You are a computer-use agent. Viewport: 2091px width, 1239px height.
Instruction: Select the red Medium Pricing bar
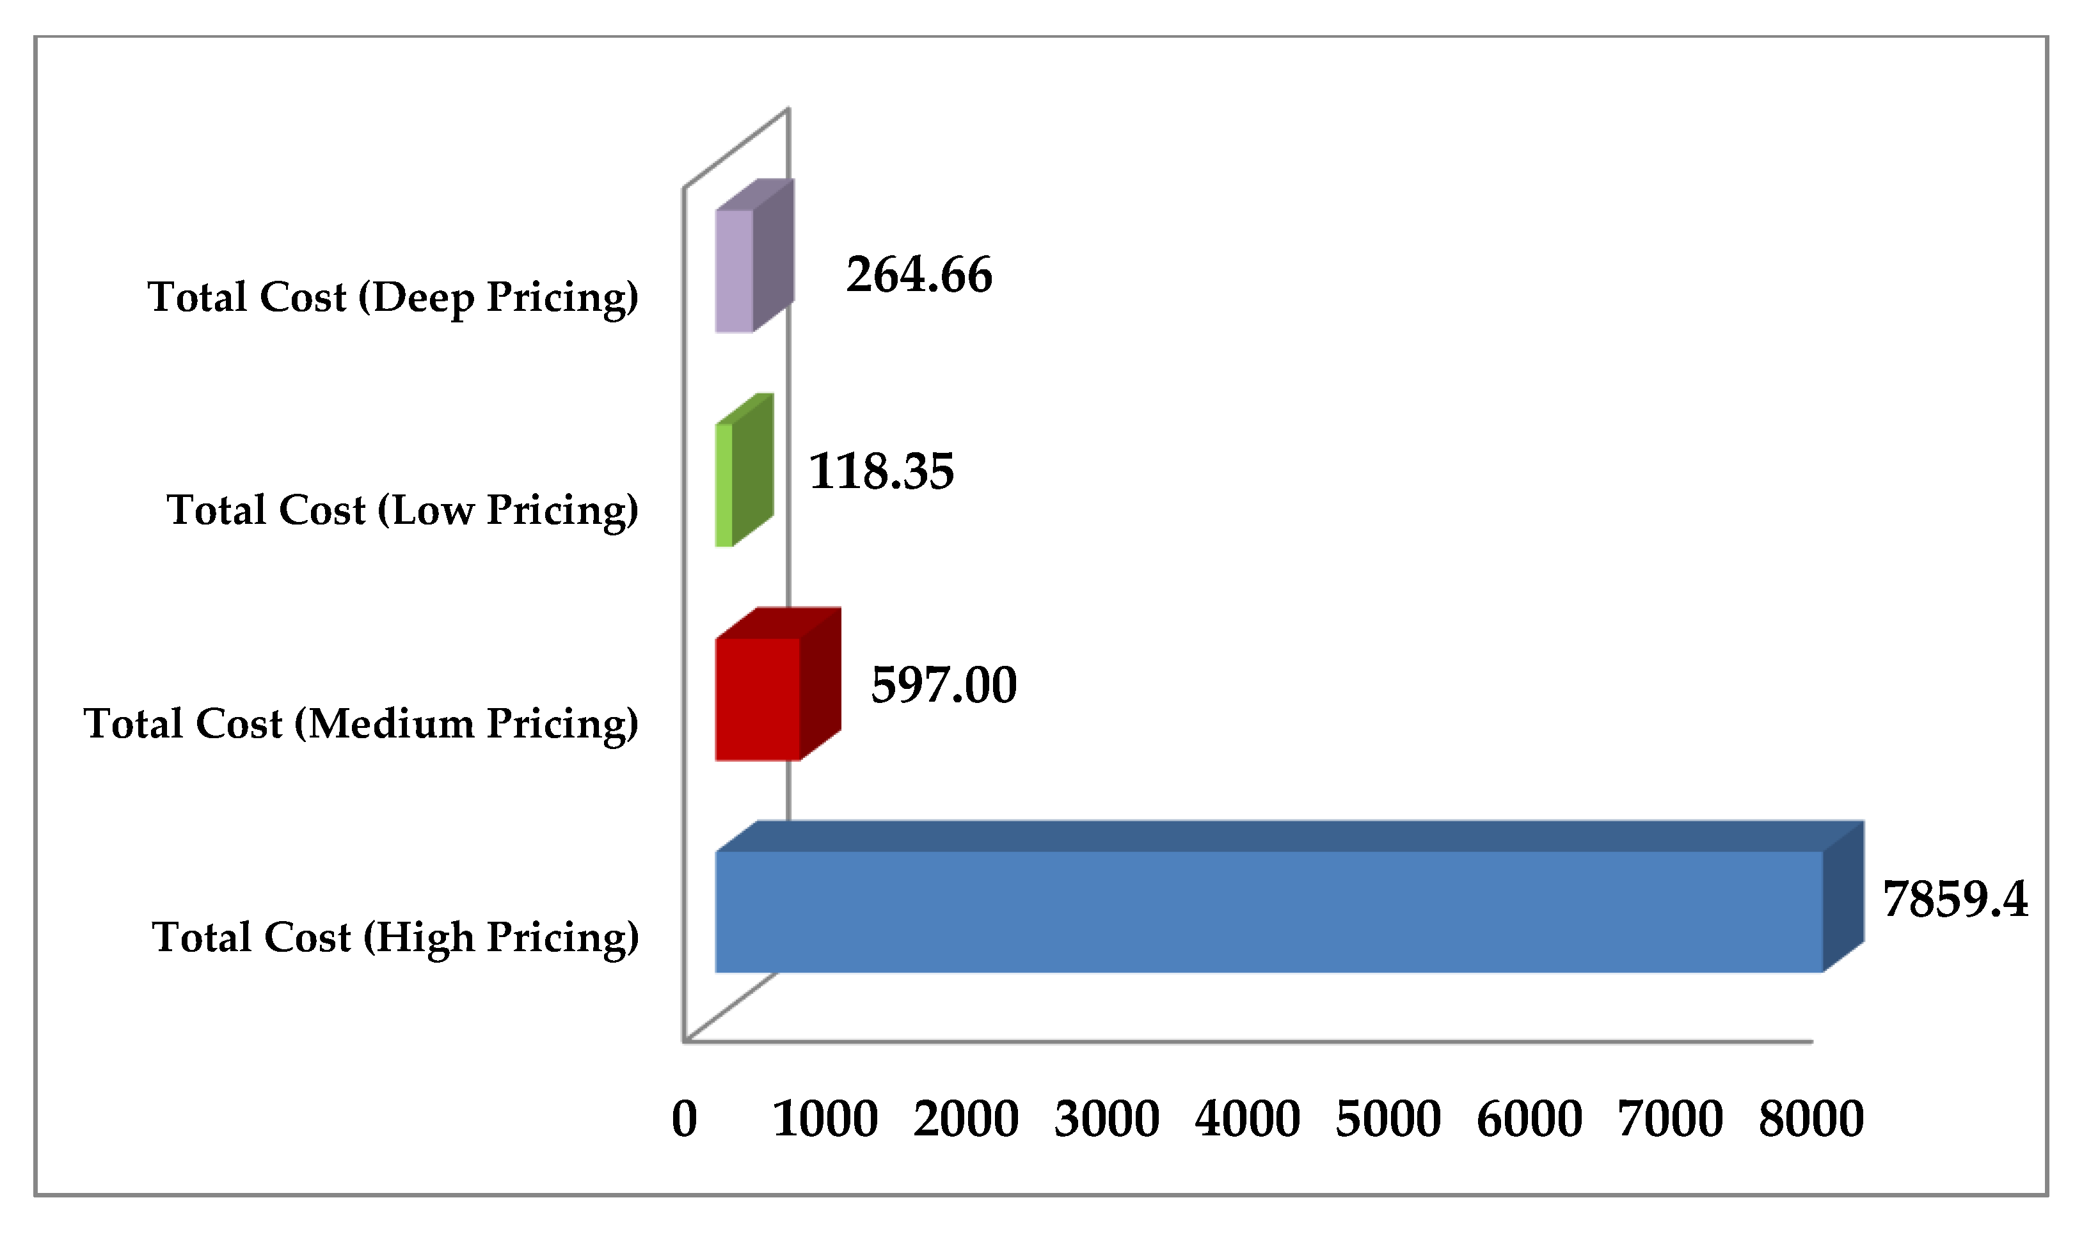(x=758, y=700)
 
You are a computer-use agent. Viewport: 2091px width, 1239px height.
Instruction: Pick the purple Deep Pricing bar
(x=734, y=271)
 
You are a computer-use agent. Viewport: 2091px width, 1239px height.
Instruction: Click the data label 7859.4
(x=1955, y=900)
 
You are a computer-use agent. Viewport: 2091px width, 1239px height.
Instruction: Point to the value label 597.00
(x=944, y=686)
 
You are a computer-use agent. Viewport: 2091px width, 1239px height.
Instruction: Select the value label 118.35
(x=881, y=471)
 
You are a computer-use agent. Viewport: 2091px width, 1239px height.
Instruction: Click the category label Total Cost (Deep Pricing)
(x=392, y=298)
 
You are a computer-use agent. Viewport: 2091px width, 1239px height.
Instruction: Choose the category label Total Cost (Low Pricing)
(x=402, y=511)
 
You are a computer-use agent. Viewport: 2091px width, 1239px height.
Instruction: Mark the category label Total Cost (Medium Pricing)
(x=361, y=725)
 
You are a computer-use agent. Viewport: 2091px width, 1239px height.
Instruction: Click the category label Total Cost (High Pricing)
(x=395, y=938)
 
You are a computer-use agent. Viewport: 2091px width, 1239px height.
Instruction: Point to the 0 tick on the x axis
(x=684, y=1119)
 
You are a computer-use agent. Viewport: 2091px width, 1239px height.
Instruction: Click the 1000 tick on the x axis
(x=825, y=1119)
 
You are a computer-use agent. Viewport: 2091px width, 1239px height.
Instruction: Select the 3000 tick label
(x=1106, y=1119)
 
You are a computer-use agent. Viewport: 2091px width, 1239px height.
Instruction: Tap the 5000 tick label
(x=1388, y=1119)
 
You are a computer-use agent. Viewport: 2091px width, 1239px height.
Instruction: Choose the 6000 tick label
(x=1529, y=1119)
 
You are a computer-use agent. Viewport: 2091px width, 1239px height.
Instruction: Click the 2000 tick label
(x=966, y=1119)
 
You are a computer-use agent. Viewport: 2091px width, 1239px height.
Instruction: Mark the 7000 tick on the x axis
(x=1670, y=1119)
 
